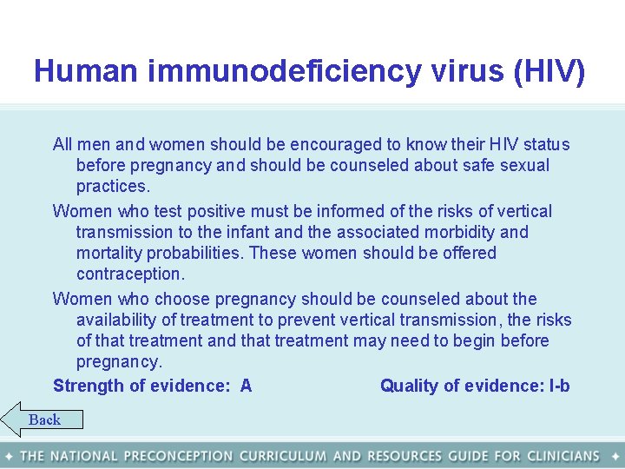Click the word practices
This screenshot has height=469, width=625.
coord(113,187)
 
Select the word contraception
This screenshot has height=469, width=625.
coord(130,274)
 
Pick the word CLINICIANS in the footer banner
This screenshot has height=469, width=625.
coord(558,456)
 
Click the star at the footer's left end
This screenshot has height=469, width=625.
coord(9,456)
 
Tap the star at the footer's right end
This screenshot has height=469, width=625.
coord(615,456)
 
